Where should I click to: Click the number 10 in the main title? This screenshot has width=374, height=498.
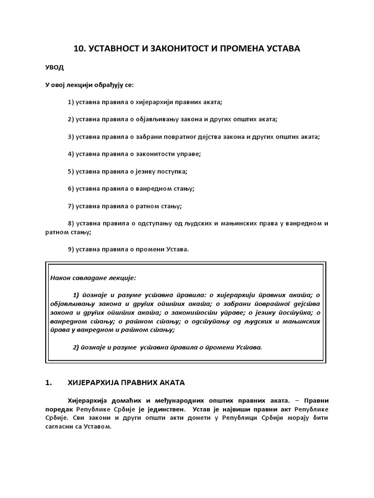click(x=78, y=49)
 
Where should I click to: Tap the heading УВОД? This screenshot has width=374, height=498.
click(x=55, y=67)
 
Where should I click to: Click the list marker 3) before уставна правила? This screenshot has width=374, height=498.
click(x=72, y=137)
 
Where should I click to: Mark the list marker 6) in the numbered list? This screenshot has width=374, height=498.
click(x=72, y=189)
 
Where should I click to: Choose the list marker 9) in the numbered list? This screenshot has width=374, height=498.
click(x=72, y=249)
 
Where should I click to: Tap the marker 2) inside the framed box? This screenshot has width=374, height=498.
click(x=76, y=347)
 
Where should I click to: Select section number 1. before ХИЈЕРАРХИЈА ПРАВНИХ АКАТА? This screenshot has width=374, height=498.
click(x=48, y=383)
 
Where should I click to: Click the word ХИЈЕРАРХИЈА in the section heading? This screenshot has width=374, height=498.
click(x=91, y=383)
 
